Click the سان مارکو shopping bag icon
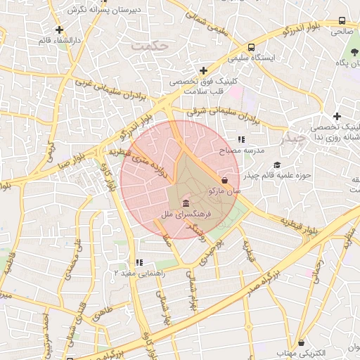click(224, 179)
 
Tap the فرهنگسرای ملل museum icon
click(184, 202)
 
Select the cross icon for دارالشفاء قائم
click(59, 30)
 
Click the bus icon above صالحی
click(342, 21)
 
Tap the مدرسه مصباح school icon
click(240, 140)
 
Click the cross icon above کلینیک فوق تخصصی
click(203, 70)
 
